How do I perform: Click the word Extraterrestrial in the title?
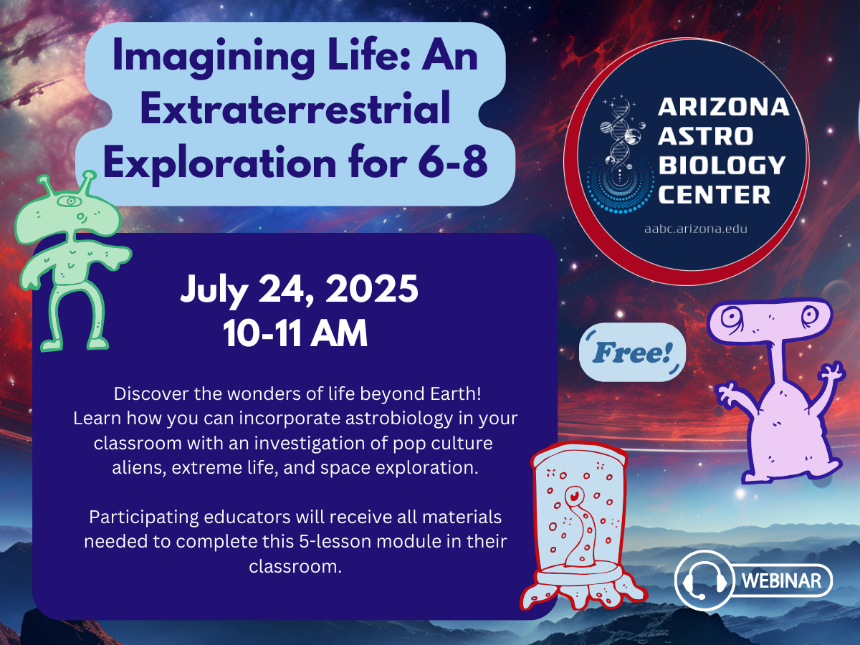tap(295, 108)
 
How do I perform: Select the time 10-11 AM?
tap(295, 333)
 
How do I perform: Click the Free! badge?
tap(632, 352)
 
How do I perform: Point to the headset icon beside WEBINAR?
tap(704, 580)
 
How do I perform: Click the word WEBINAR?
tap(781, 580)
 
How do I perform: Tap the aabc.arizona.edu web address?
tap(696, 229)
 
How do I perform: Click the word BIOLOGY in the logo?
tap(722, 165)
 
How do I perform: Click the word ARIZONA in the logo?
tap(723, 107)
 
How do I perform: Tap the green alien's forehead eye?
tap(71, 201)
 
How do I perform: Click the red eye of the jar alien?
tap(574, 496)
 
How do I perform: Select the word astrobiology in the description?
tap(398, 419)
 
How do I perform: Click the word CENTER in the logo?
tap(714, 194)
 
